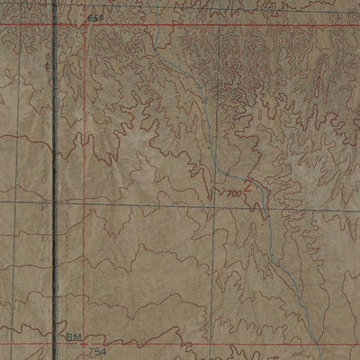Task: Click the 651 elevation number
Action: tap(95, 18)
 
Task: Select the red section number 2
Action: tap(249, 187)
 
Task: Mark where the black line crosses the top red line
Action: tap(54, 24)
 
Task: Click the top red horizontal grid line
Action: tap(225, 24)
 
